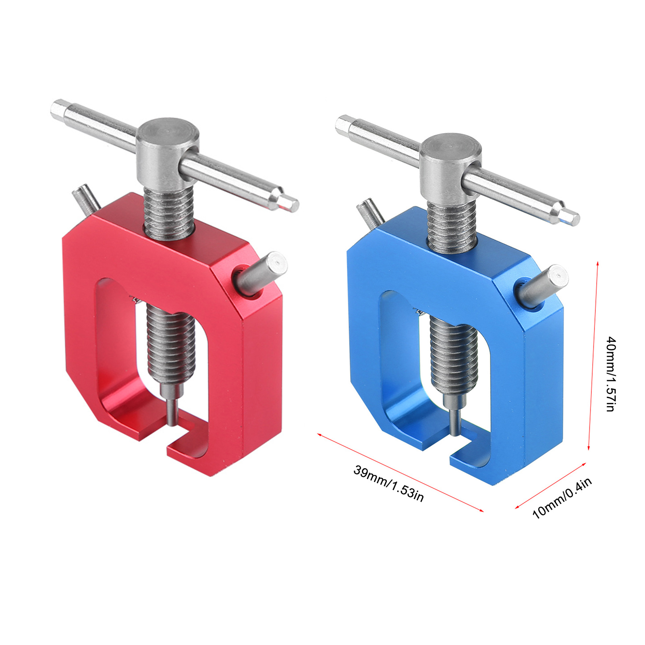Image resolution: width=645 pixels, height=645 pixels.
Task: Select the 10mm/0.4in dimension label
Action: click(x=562, y=498)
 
